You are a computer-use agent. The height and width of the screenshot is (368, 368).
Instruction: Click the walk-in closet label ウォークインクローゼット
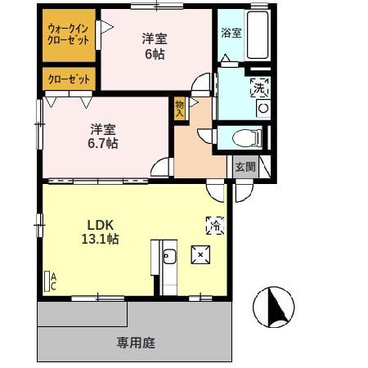pos(69,34)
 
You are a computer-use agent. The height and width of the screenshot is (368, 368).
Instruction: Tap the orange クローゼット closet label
pos(69,79)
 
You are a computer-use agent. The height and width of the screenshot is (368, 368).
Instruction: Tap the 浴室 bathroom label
pos(231,34)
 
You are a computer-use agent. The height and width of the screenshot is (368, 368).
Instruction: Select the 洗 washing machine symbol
pos(259,88)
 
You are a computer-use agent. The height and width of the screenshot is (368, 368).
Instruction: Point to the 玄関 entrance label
pos(245,167)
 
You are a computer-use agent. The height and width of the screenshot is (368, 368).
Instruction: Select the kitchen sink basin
pos(169,259)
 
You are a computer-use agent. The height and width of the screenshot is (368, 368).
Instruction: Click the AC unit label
pos(52,282)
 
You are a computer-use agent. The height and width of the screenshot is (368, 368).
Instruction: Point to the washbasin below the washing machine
pos(263,107)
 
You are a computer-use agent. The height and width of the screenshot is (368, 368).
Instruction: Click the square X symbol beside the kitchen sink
pos(200,256)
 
